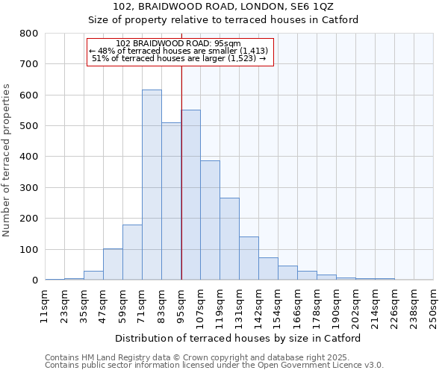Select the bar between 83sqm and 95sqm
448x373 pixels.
171,201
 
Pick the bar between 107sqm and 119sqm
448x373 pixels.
210,220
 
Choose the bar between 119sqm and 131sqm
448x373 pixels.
229,239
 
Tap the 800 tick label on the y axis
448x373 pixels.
28,34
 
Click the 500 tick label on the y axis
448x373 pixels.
28,126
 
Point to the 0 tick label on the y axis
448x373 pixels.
34,280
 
